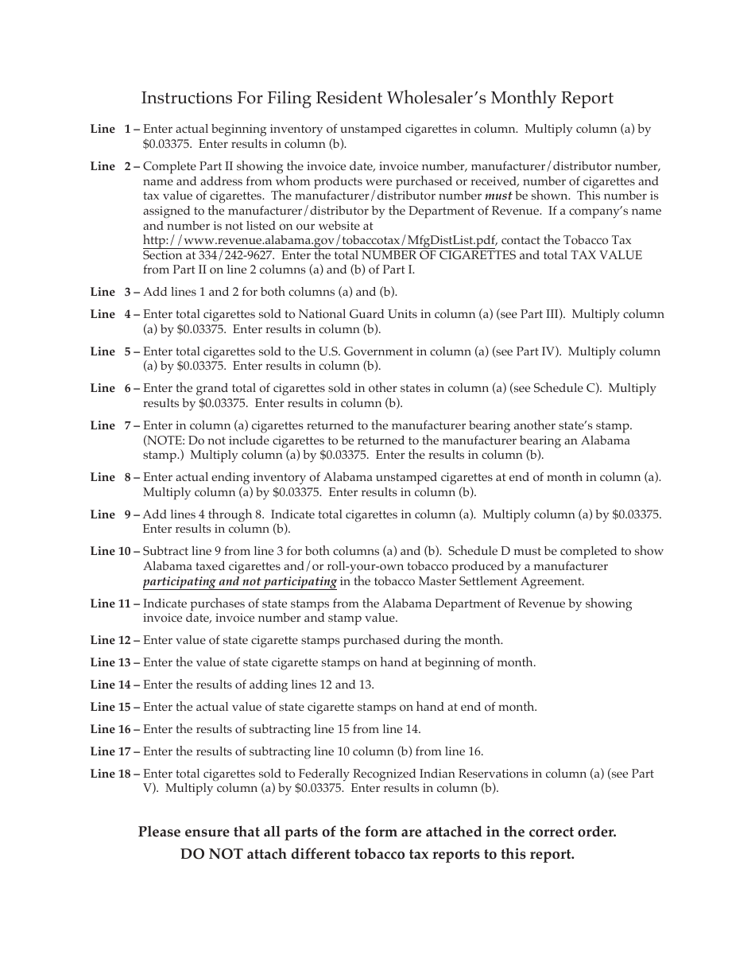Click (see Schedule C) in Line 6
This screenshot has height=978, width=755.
click(556, 388)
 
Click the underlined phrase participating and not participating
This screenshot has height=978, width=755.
click(239, 581)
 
